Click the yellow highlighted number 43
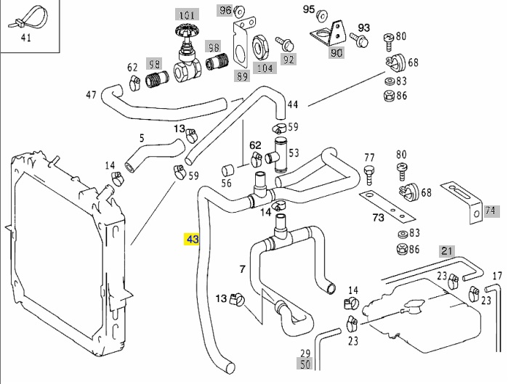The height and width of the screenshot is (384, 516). [x=193, y=238]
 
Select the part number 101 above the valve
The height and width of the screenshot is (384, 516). [x=188, y=15]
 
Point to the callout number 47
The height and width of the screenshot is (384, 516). [x=91, y=95]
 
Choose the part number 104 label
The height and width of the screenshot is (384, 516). [x=265, y=68]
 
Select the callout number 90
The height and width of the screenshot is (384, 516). [x=336, y=52]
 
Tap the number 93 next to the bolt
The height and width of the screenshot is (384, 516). [x=363, y=28]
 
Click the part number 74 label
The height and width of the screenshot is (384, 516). [x=491, y=211]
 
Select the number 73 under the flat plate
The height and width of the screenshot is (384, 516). [x=378, y=217]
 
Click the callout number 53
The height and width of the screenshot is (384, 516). [x=294, y=153]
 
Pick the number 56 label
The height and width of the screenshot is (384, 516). [x=227, y=183]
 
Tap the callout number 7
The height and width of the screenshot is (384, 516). [x=242, y=269]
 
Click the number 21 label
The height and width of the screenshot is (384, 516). [x=447, y=251]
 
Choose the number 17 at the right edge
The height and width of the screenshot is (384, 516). [x=497, y=276]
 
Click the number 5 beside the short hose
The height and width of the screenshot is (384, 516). [x=142, y=138]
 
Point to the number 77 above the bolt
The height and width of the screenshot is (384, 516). [x=369, y=158]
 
